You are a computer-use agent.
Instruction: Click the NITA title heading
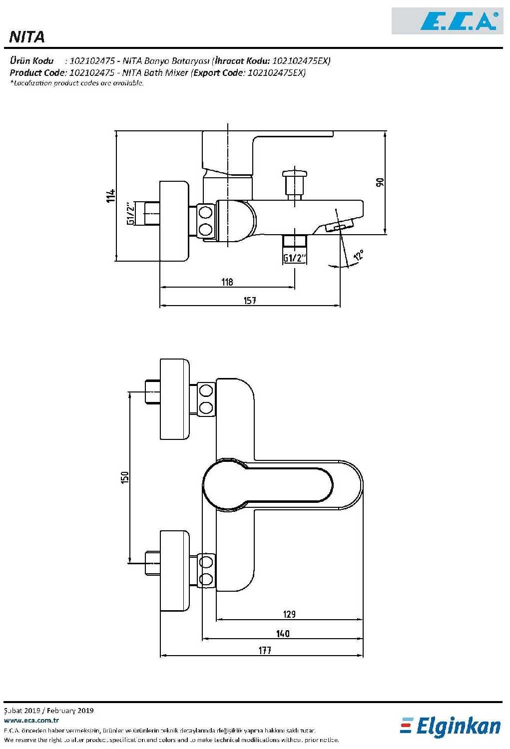point(27,37)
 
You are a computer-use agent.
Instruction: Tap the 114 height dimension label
point(111,195)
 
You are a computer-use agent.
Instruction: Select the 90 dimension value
point(380,182)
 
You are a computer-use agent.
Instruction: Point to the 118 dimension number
point(227,282)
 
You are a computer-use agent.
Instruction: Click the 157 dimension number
point(250,300)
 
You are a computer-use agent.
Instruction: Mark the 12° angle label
point(358,256)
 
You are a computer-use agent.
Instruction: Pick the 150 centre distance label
point(124,477)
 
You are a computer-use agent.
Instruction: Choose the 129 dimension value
point(289,614)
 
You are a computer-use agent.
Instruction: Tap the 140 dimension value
point(283,633)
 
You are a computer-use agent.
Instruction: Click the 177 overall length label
point(265,650)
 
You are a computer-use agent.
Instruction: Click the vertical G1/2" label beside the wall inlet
point(130,213)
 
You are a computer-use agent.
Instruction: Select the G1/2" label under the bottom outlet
point(295,258)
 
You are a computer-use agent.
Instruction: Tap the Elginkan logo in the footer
point(451,726)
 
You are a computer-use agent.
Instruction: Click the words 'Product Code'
point(36,72)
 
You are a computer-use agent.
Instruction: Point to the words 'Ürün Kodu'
point(31,60)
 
